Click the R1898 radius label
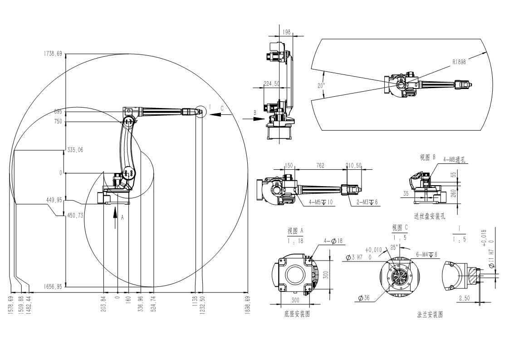tap(459, 62)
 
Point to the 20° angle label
tap(321, 85)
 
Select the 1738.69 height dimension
tap(53, 54)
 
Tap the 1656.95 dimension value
tap(53, 286)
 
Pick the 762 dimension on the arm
tap(320, 166)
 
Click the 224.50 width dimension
tap(271, 84)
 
